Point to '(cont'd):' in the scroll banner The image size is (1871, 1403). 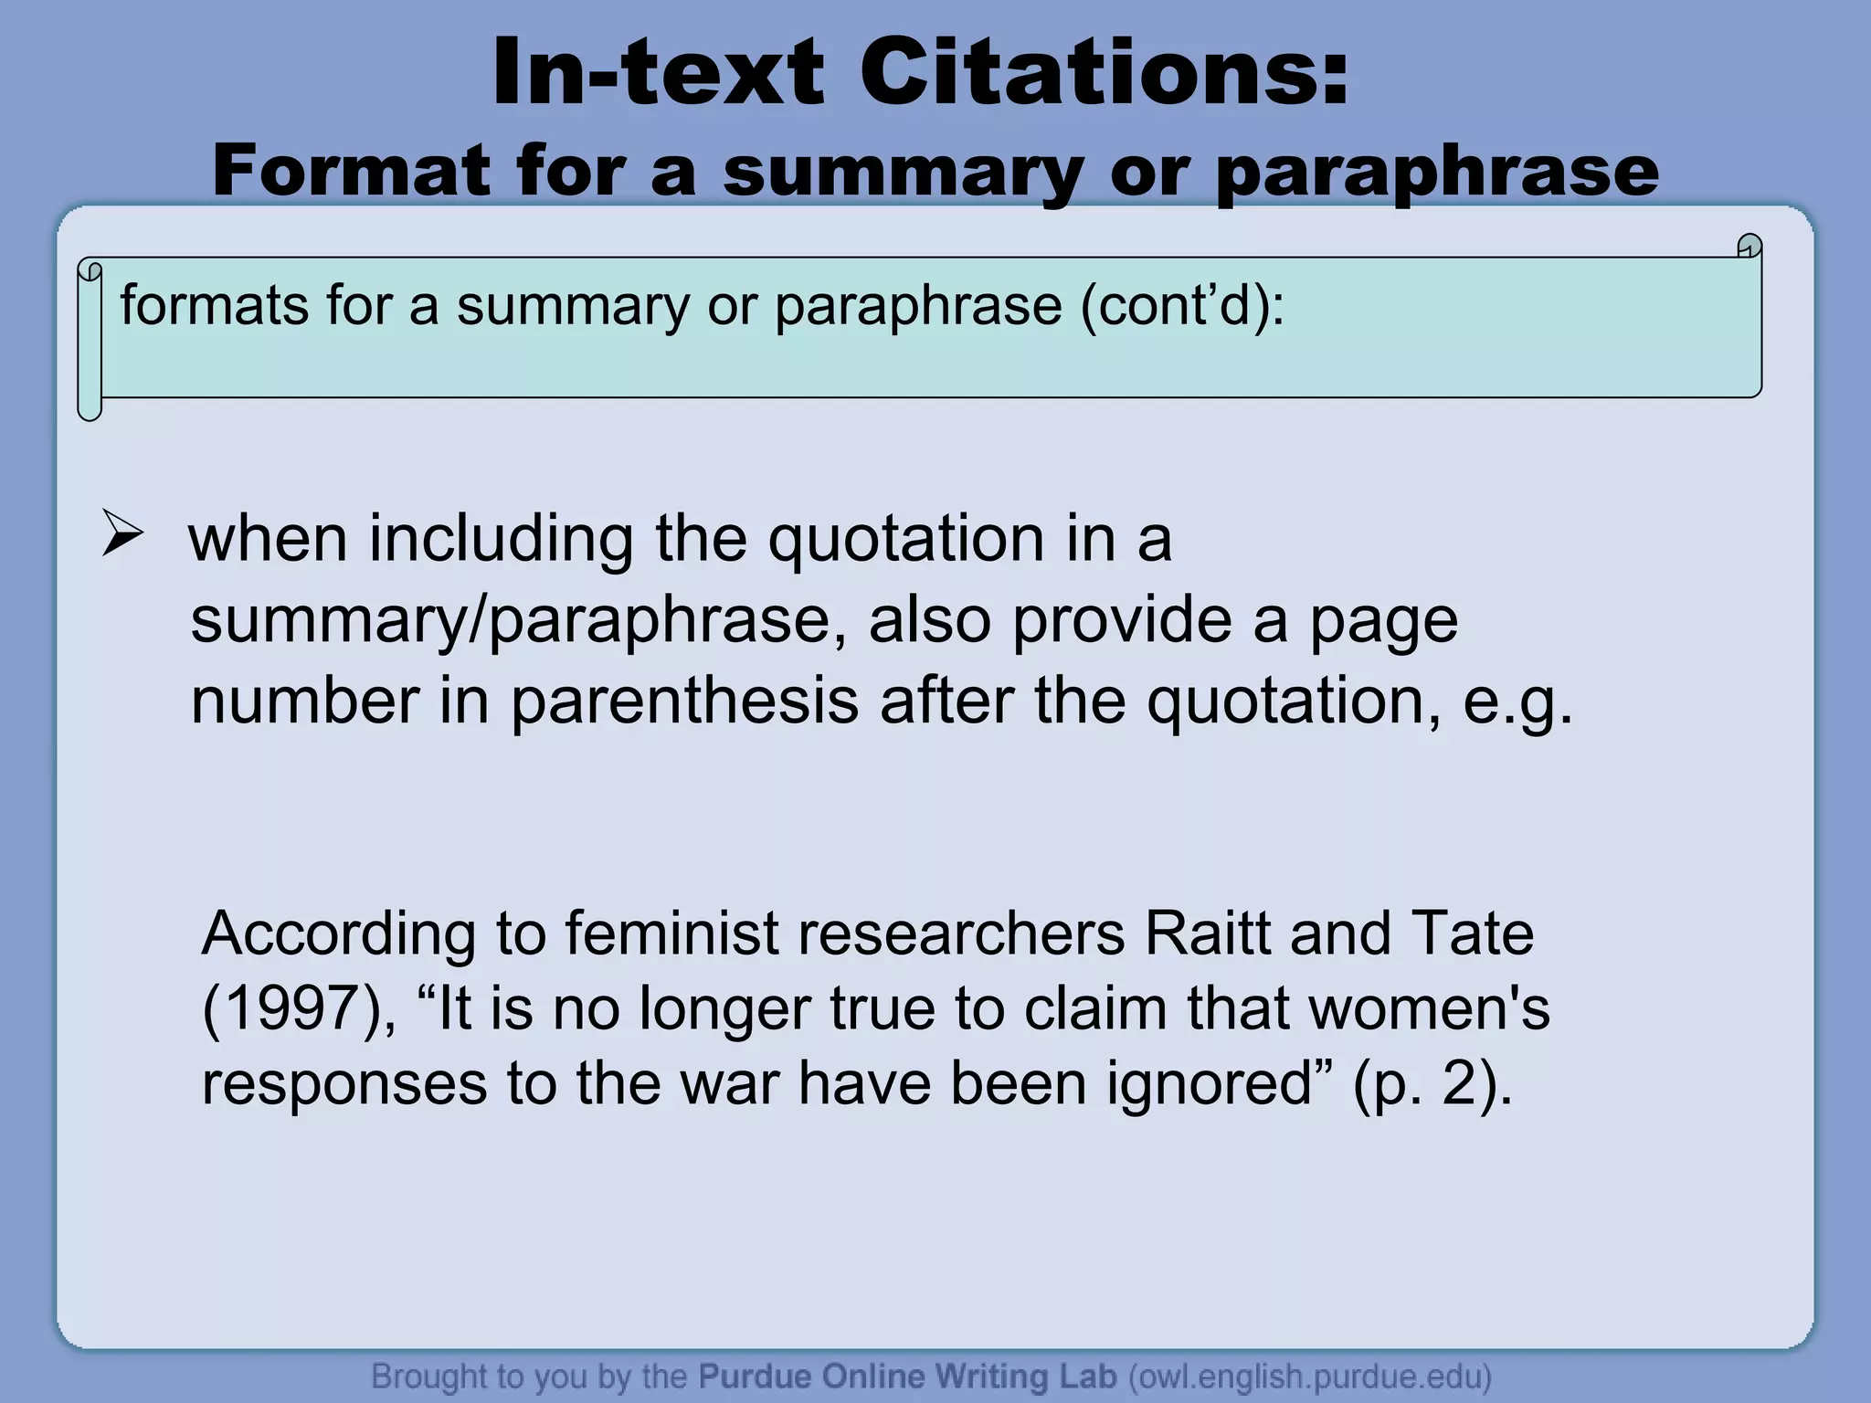(1182, 305)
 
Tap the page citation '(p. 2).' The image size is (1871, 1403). (1432, 1083)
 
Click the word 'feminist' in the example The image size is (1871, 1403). (671, 934)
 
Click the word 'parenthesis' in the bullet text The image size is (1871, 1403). (684, 701)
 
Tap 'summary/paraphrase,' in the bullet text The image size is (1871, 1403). (518, 620)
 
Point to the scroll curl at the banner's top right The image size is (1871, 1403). (1749, 247)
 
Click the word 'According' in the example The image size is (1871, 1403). (338, 934)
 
